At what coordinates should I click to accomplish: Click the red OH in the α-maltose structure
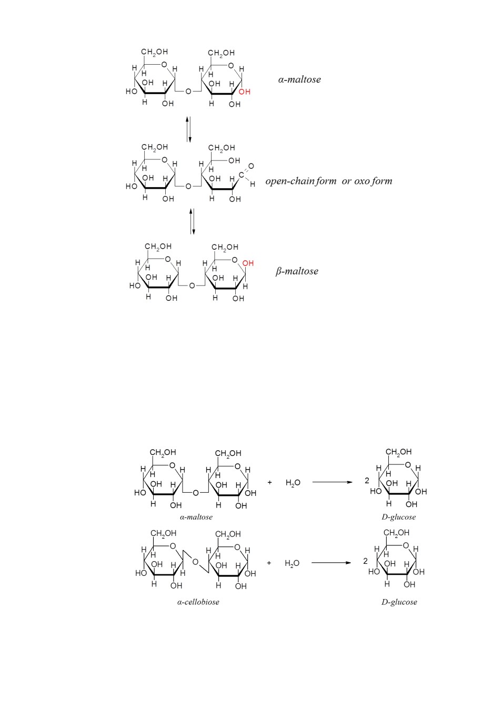(x=245, y=92)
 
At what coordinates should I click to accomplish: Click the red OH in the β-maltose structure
(x=248, y=263)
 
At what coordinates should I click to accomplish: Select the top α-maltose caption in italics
(x=299, y=79)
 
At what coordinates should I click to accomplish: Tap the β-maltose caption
(x=297, y=271)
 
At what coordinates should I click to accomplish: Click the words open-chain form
(x=300, y=181)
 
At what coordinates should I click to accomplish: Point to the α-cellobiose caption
(x=198, y=602)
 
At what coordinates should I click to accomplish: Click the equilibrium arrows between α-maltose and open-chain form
(x=189, y=129)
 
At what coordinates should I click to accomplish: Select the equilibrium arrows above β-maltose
(x=192, y=221)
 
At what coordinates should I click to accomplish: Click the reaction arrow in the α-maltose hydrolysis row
(x=333, y=482)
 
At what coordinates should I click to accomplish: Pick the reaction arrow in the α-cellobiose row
(x=332, y=563)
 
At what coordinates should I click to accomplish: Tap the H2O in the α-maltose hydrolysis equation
(x=293, y=483)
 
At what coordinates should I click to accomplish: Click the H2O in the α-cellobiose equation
(x=292, y=563)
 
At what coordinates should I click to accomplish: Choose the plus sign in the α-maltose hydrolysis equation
(x=269, y=482)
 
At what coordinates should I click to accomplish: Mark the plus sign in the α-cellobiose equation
(x=269, y=563)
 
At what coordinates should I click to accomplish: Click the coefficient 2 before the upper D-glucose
(x=367, y=481)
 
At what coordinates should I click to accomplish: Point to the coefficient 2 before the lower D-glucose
(x=365, y=561)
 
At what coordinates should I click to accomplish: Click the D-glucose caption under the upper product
(x=399, y=517)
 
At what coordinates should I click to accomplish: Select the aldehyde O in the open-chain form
(x=251, y=166)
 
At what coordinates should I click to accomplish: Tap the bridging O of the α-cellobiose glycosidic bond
(x=195, y=562)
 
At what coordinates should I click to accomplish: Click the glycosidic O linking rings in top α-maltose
(x=188, y=92)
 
